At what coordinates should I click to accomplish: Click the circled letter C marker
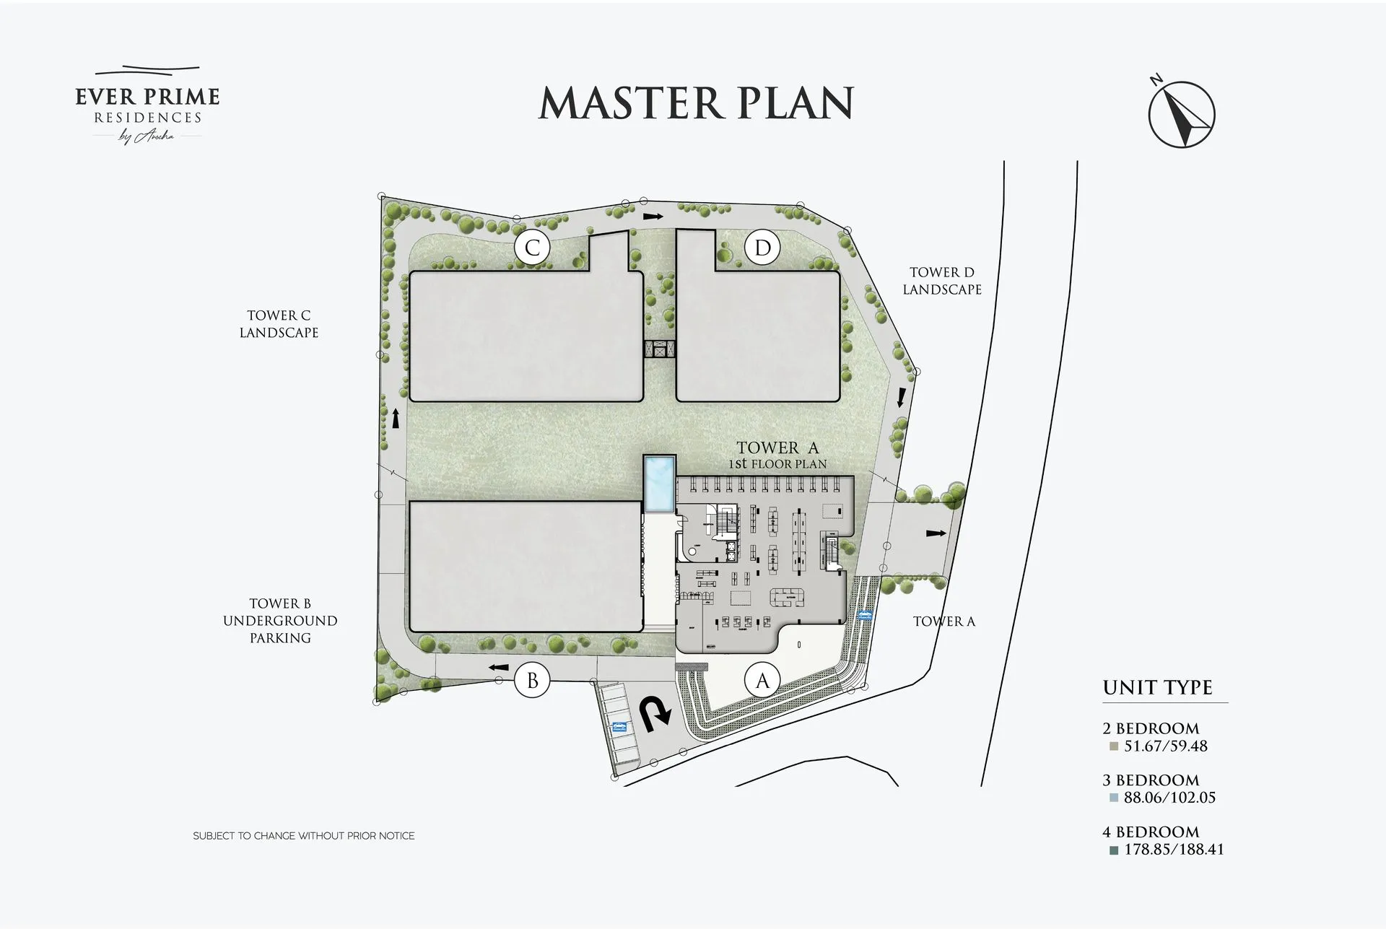click(x=532, y=248)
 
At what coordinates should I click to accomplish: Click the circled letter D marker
click(x=762, y=248)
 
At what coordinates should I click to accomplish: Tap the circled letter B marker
click(x=532, y=681)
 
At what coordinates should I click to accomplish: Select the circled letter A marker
click(x=762, y=680)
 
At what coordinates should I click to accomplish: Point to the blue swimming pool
click(x=660, y=484)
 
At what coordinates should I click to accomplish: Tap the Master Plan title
click(x=697, y=103)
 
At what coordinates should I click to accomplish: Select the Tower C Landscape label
click(x=279, y=324)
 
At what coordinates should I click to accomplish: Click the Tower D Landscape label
click(x=941, y=281)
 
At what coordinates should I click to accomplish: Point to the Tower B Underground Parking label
click(x=280, y=621)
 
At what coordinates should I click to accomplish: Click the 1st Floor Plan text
click(x=777, y=464)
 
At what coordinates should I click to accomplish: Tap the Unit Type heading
click(x=1157, y=687)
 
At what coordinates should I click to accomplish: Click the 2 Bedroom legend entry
click(x=1151, y=728)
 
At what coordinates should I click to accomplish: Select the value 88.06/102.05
click(x=1169, y=798)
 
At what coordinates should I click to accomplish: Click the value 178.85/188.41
click(x=1174, y=850)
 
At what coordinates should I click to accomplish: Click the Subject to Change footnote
click(x=304, y=836)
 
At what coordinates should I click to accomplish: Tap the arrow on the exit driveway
click(x=936, y=533)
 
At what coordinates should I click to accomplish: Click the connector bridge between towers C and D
click(x=659, y=349)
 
